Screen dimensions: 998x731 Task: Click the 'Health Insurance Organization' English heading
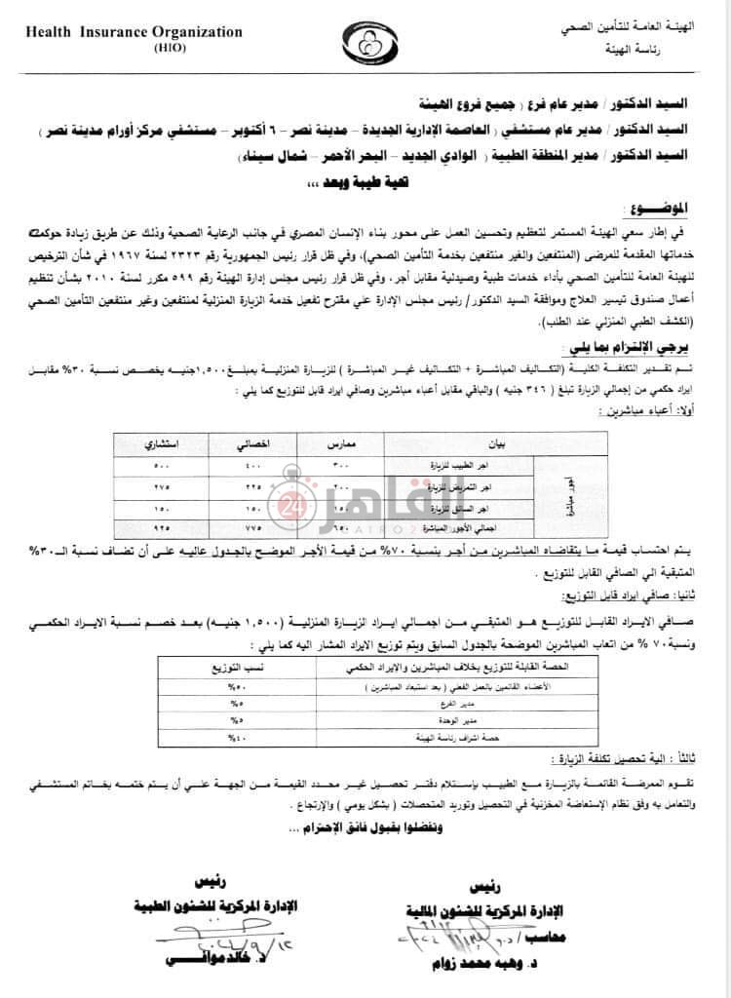pyautogui.click(x=133, y=32)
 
